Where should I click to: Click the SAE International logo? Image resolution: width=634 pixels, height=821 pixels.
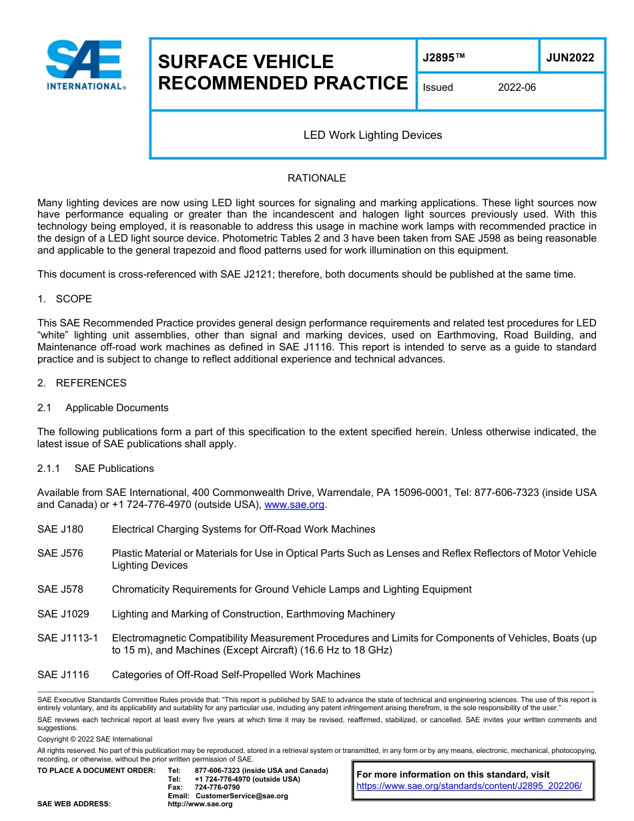tap(84, 65)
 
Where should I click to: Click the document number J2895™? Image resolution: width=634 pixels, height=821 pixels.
tap(443, 58)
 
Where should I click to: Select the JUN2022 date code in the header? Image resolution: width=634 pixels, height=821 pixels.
tap(570, 58)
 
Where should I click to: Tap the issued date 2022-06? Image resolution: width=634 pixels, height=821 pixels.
tap(517, 87)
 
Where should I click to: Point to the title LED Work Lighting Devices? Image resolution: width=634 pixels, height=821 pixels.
tap(372, 135)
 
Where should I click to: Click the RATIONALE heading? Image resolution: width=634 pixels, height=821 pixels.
tap(316, 178)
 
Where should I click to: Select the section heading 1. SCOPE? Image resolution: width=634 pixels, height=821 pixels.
tap(65, 298)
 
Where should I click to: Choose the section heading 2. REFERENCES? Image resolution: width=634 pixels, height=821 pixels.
tap(81, 383)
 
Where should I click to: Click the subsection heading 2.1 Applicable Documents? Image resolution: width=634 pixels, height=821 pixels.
tap(103, 408)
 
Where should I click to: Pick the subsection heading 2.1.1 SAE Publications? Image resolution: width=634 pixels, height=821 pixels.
tap(95, 469)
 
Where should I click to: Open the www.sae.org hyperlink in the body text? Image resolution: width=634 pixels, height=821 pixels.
tap(294, 505)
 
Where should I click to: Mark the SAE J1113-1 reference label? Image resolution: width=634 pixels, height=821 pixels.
tap(67, 638)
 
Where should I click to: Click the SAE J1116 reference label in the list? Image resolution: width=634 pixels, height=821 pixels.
tap(63, 675)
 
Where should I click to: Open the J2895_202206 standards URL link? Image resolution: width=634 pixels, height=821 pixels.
tap(469, 786)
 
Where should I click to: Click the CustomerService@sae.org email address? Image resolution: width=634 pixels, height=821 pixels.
tap(242, 796)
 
